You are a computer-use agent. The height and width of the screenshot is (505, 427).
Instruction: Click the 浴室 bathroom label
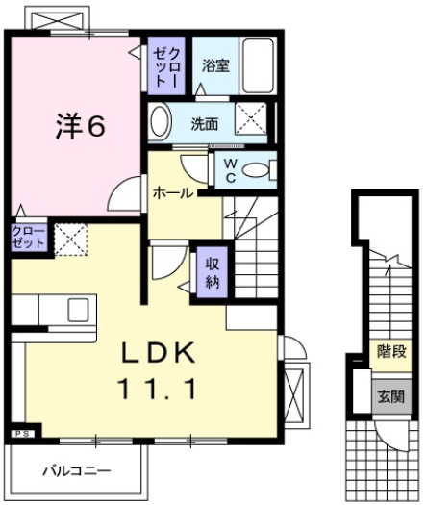pos(215,66)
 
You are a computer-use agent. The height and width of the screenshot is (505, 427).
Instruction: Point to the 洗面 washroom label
pos(204,123)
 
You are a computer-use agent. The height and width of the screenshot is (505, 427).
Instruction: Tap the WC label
pos(231,171)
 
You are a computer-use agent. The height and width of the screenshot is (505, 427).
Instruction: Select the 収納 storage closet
pos(212,271)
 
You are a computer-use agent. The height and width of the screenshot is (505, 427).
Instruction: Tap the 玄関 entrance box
pos(389,395)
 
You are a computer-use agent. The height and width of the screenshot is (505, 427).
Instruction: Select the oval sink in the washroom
pos(161,122)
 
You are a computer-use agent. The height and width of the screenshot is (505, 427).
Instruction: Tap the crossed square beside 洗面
pos(252,123)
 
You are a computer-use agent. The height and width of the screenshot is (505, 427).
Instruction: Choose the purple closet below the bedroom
pos(27,239)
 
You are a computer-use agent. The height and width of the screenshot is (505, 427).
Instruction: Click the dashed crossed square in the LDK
pos(70,239)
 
